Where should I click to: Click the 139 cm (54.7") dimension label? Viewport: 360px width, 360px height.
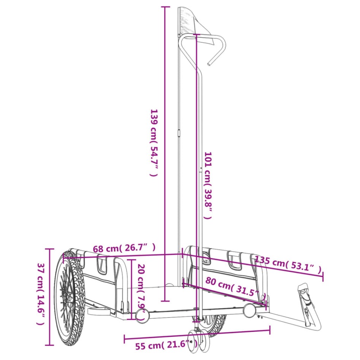153,143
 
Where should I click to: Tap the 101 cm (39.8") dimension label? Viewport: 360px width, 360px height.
208,186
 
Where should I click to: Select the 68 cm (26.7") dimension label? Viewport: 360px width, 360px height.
124,249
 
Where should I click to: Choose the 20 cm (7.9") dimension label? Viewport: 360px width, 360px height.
141,286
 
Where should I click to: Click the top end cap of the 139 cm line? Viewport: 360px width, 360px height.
165,7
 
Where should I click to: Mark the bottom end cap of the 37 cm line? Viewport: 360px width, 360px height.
49,345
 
